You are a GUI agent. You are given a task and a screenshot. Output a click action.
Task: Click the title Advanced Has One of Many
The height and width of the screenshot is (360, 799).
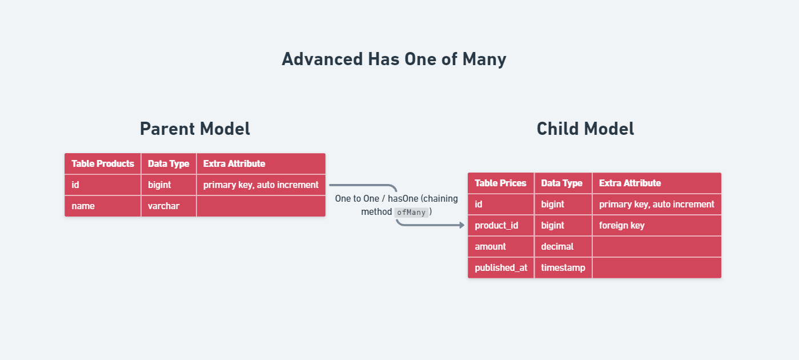[x=394, y=59]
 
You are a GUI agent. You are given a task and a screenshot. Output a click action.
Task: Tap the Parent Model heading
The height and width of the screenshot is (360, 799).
[x=195, y=129]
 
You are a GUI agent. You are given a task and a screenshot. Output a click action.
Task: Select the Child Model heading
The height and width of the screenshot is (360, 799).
[x=585, y=129]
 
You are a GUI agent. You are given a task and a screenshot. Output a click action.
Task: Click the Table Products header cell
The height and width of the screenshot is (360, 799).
[x=103, y=164]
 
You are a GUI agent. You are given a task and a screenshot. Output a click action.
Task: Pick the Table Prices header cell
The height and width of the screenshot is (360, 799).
[x=501, y=183]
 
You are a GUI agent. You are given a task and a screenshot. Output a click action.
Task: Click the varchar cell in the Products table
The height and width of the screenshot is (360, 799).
[x=168, y=206]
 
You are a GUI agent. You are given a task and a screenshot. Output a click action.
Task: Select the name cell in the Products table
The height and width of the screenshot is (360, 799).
[x=103, y=206]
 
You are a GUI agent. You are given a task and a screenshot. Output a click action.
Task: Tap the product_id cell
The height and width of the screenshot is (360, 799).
[x=501, y=226]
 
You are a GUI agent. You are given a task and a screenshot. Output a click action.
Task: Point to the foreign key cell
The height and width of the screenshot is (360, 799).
[x=657, y=226]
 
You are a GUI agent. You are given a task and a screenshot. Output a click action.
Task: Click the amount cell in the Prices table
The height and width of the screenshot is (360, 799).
[x=501, y=246]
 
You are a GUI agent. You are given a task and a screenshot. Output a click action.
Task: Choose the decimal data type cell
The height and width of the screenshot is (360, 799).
[x=563, y=246]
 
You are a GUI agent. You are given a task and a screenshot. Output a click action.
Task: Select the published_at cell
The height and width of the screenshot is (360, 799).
[x=501, y=267]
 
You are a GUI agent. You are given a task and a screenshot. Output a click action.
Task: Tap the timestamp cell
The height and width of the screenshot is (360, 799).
[x=563, y=267]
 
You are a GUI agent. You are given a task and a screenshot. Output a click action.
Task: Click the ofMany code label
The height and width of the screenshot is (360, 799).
[x=411, y=213]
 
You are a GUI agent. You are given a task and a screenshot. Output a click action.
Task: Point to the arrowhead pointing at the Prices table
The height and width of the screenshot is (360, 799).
[x=462, y=225]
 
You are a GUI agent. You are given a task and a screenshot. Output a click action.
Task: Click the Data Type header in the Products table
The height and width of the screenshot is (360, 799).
[x=168, y=164]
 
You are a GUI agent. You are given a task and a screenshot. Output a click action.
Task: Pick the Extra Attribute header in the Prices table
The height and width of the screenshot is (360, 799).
[x=657, y=183]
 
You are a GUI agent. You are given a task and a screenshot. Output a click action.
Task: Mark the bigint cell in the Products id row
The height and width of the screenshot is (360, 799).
[x=168, y=185]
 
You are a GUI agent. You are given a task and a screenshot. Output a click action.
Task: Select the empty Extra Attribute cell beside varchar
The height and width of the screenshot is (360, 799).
[x=261, y=206]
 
